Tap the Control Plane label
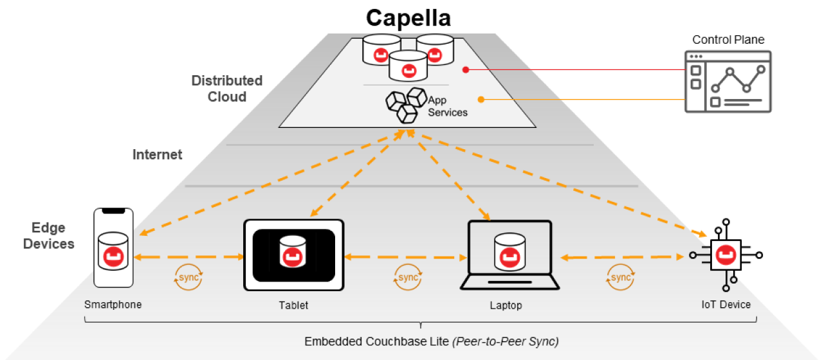pyautogui.click(x=728, y=40)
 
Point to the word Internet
pyautogui.click(x=158, y=154)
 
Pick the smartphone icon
pyautogui.click(x=114, y=248)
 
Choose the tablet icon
pyautogui.click(x=293, y=255)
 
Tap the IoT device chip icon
pyautogui.click(x=726, y=255)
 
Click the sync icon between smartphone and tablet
pyautogui.click(x=188, y=278)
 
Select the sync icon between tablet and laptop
pyautogui.click(x=408, y=278)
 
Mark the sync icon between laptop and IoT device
pyautogui.click(x=620, y=278)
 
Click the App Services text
pyautogui.click(x=447, y=107)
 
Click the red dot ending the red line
pyautogui.click(x=465, y=69)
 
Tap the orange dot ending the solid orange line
pyautogui.click(x=481, y=99)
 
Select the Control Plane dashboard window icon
pyautogui.click(x=727, y=82)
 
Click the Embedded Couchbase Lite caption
pyautogui.click(x=431, y=341)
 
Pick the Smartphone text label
pyautogui.click(x=113, y=304)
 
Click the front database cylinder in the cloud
pyautogui.click(x=406, y=66)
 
